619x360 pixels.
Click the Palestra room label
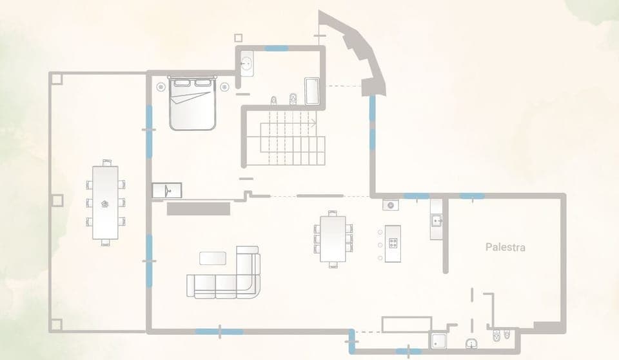click(505, 247)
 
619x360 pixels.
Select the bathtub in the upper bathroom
click(312, 92)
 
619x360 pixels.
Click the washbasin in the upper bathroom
click(246, 63)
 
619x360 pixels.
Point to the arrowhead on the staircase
click(313, 122)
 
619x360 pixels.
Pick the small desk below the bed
click(167, 190)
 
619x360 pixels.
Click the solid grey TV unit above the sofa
click(199, 208)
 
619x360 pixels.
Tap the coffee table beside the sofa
click(213, 258)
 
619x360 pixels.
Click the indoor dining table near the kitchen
click(333, 238)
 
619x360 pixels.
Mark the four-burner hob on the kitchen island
click(393, 243)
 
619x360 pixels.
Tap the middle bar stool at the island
click(380, 245)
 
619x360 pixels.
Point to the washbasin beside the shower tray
click(471, 343)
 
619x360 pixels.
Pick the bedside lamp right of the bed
click(224, 86)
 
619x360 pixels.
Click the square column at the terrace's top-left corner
click(56, 78)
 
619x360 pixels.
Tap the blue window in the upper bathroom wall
click(277, 48)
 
